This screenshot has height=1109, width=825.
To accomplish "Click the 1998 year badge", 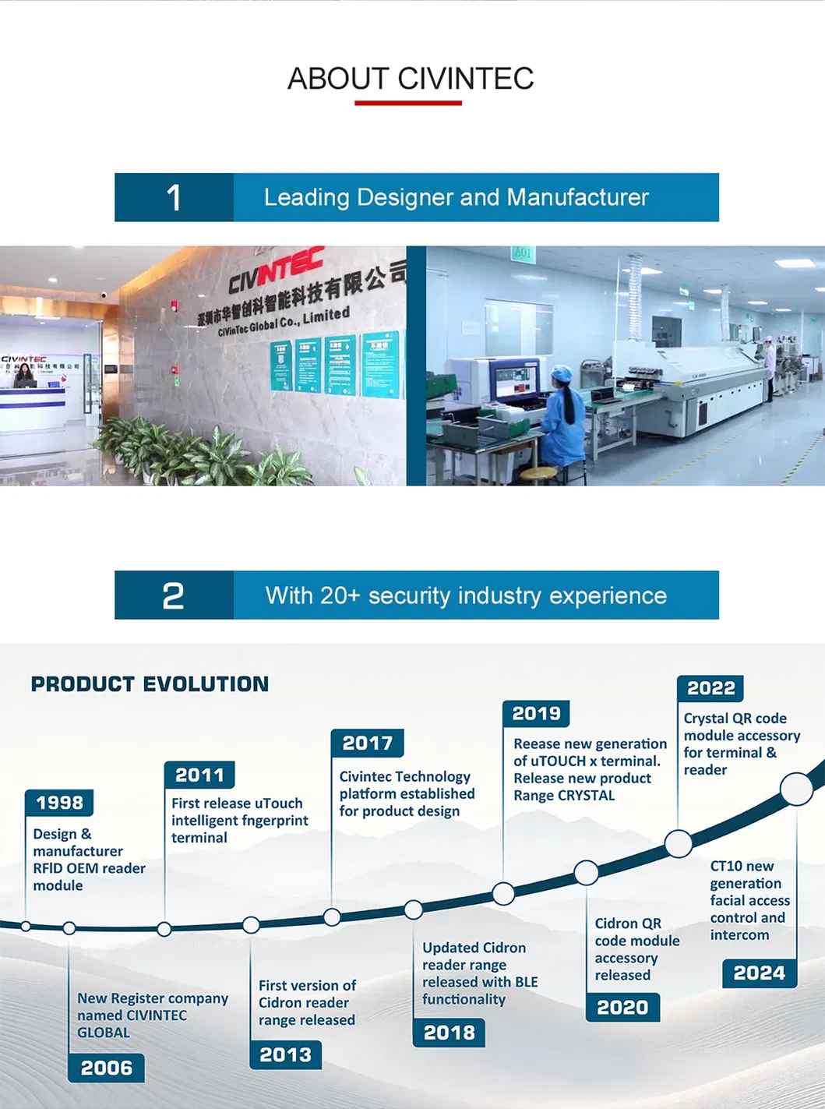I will coord(59,803).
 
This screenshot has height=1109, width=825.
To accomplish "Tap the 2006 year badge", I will coord(106,1068).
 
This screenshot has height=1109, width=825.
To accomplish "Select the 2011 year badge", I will coord(199,775).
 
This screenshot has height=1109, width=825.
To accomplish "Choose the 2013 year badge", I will coord(285,1054).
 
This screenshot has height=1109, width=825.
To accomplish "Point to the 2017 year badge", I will coord(367,743).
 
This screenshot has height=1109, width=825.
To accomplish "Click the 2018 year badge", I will coord(449,1033).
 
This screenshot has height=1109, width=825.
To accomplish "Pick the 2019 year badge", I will coord(536,713).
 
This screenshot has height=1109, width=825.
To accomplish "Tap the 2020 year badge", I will coord(622,1007).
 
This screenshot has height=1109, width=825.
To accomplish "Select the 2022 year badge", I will coord(710,688).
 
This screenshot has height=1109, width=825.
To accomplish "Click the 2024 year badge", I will coord(759,973).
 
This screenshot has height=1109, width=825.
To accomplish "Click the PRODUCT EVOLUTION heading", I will coord(150,684).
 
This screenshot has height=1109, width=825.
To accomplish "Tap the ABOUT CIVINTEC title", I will coord(411,79).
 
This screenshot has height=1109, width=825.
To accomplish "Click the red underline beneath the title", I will coord(408,103).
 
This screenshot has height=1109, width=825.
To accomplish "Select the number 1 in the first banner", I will coord(174,198).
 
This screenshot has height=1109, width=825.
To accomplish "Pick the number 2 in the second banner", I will coord(173,596).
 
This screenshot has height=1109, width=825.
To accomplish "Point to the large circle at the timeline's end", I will coord(797,789).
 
